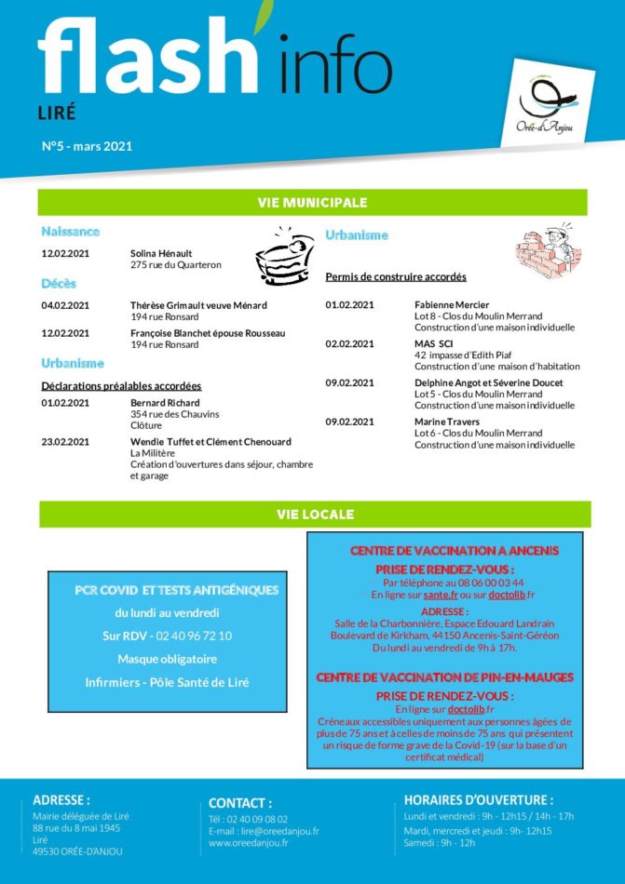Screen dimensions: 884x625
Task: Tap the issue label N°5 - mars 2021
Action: click(87, 145)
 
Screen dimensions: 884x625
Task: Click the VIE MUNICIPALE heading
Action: click(312, 202)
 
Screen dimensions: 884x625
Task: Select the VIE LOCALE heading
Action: click(315, 514)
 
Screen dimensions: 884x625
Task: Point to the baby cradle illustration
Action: click(285, 256)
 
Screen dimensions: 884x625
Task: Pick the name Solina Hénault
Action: click(161, 253)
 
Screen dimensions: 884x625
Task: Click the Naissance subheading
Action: click(70, 231)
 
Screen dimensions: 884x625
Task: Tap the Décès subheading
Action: click(59, 283)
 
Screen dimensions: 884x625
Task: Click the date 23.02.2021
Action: click(65, 442)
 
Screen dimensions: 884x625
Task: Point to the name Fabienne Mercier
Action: click(452, 304)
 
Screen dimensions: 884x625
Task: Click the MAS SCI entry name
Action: click(432, 343)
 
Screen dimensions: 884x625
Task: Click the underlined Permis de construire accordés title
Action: click(395, 277)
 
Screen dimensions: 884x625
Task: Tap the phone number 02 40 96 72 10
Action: click(194, 636)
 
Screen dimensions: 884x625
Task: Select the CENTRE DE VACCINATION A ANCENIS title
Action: click(454, 551)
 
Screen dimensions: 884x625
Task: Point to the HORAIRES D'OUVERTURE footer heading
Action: click(478, 799)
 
